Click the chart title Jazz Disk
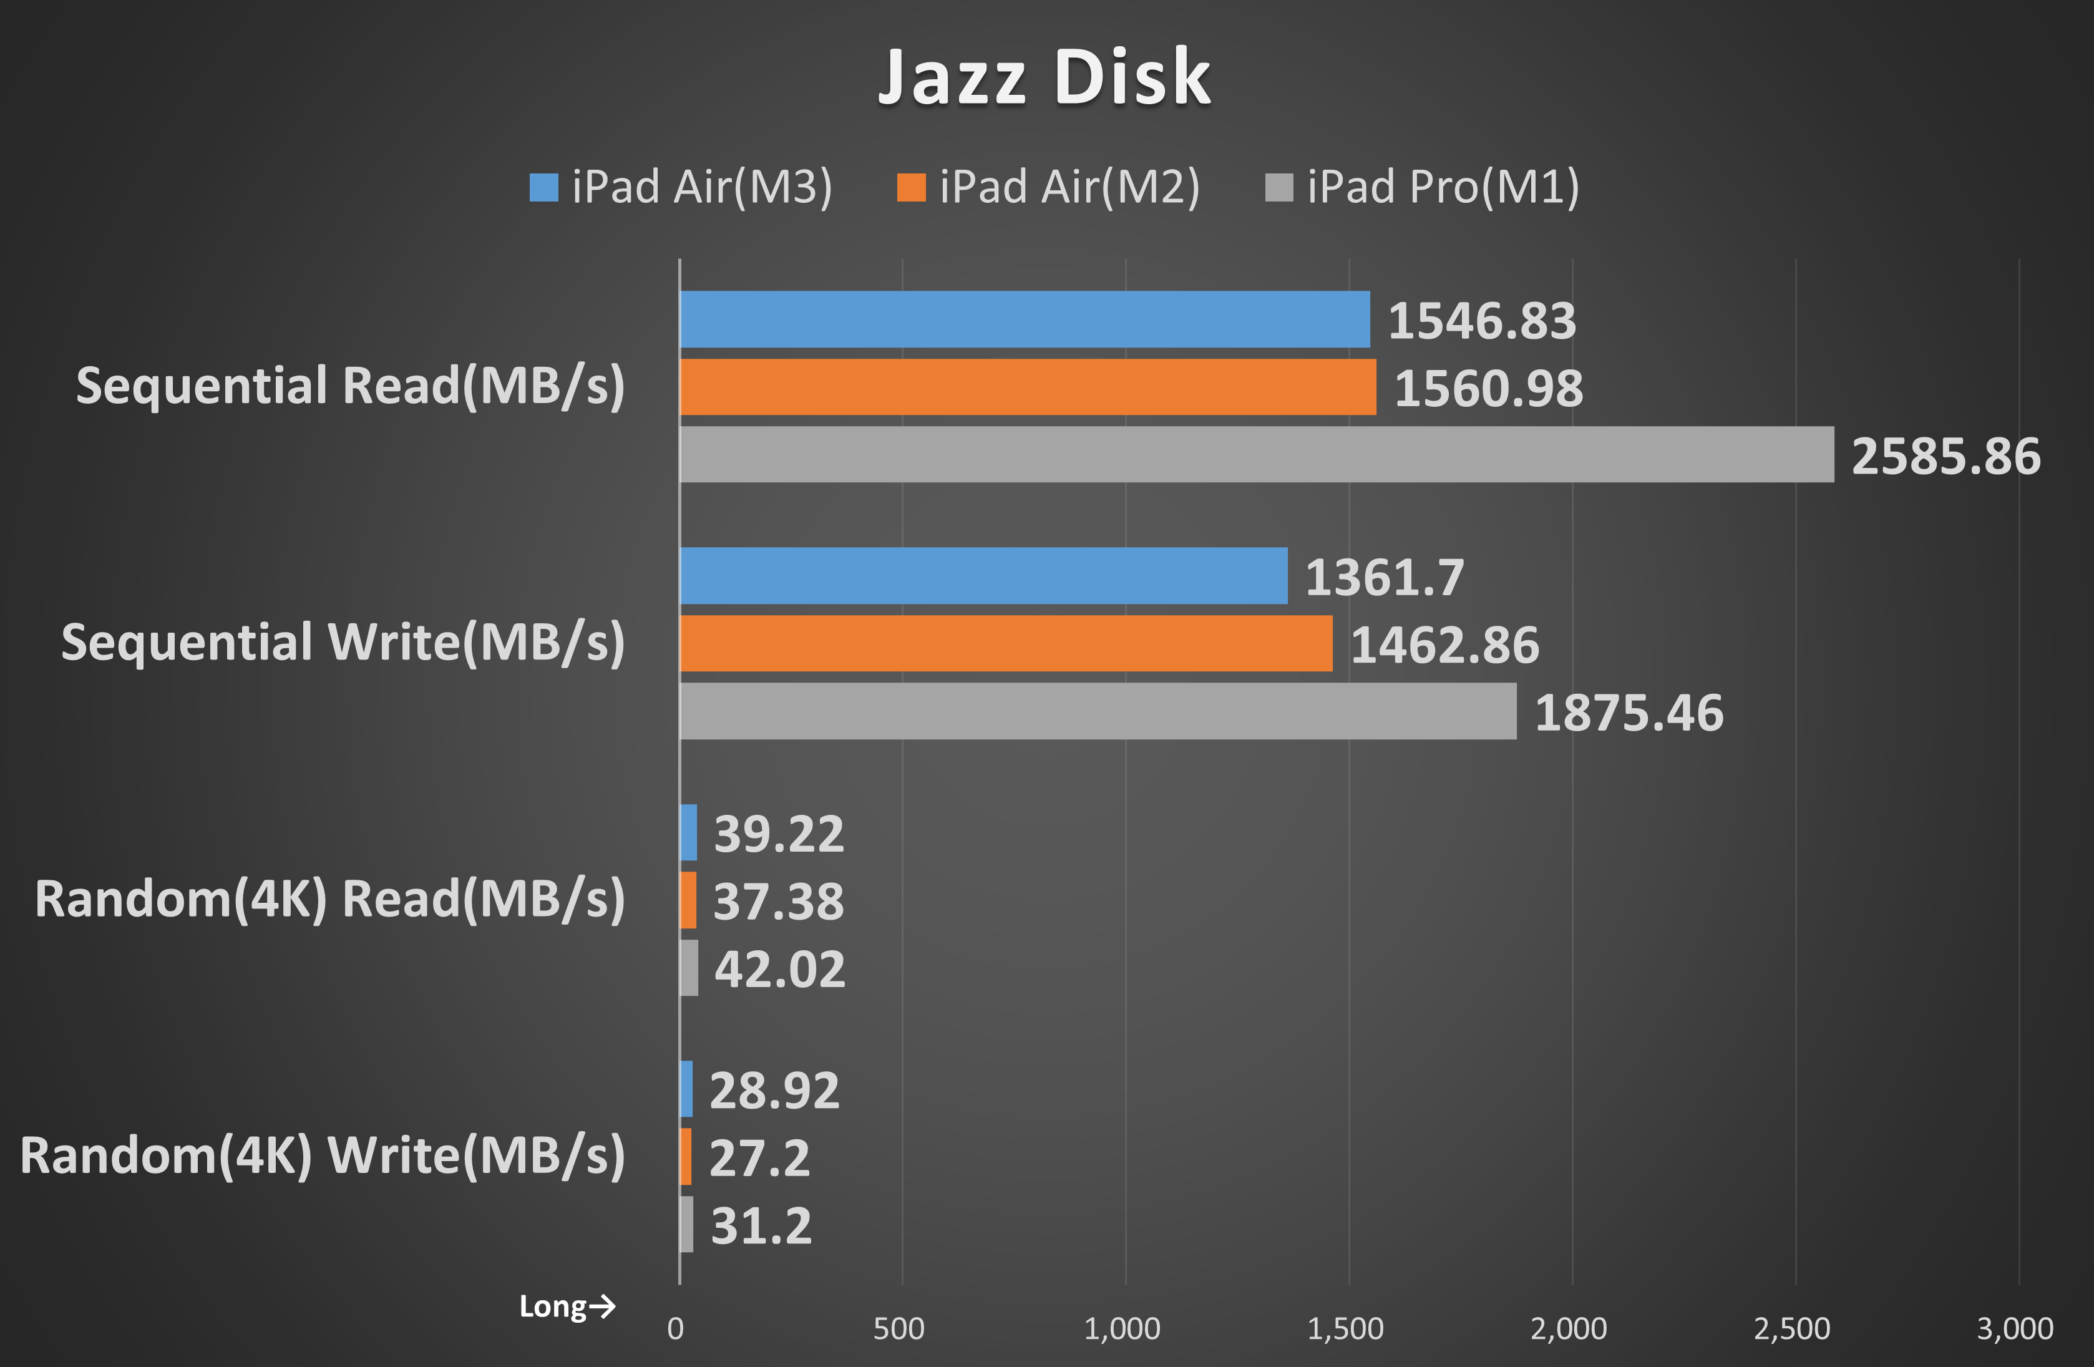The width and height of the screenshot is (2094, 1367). (x=1045, y=77)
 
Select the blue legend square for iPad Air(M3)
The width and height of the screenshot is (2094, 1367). (x=543, y=187)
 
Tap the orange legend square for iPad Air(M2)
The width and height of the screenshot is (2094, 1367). (x=910, y=187)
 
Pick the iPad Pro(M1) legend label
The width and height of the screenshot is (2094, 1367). (x=1443, y=187)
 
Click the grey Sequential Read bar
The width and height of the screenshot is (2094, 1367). (x=1257, y=455)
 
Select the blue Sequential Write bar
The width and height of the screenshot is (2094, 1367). (x=983, y=575)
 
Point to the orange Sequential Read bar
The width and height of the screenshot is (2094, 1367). (x=1028, y=387)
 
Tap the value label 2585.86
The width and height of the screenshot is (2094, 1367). (x=1945, y=457)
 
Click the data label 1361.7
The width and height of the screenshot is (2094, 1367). (x=1384, y=578)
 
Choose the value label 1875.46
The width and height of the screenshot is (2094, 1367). (x=1629, y=713)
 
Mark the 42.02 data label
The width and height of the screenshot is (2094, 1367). (x=779, y=970)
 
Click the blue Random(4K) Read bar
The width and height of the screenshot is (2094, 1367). (x=688, y=832)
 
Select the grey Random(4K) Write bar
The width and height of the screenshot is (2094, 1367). (x=686, y=1223)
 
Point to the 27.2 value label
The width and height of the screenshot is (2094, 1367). (x=758, y=1159)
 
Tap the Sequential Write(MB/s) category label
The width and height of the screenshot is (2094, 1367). (x=343, y=642)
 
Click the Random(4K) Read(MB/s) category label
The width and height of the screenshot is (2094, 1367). (x=330, y=899)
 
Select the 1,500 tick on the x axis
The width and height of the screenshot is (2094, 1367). (x=1345, y=1328)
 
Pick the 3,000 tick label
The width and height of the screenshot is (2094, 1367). (x=2015, y=1328)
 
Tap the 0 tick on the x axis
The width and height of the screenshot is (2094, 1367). (x=675, y=1328)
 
